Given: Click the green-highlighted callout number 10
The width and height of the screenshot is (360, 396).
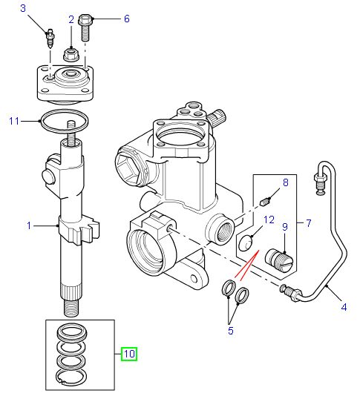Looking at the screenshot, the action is click(129, 354).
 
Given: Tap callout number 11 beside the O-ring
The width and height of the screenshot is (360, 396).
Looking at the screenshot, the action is click(14, 121).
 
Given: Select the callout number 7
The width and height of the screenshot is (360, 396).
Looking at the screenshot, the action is click(309, 223).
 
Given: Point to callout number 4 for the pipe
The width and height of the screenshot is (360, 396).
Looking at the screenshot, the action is click(344, 307).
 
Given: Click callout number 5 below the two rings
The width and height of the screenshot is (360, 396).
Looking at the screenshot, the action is click(231, 331).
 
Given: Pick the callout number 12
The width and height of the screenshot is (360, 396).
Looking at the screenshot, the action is click(269, 220).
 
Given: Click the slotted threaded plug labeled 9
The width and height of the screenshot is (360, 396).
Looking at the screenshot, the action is click(279, 260).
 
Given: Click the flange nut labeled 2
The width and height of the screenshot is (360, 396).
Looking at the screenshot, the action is click(71, 55).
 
